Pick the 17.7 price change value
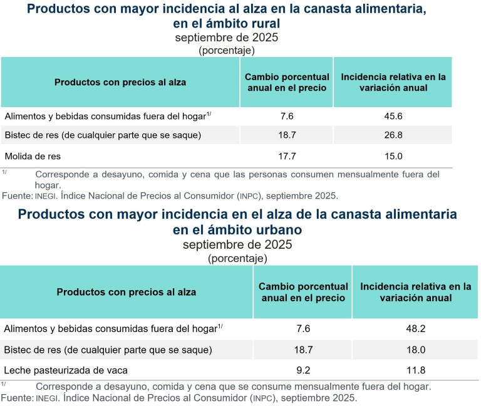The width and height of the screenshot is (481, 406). (287, 155)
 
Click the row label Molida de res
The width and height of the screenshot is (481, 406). (33, 155)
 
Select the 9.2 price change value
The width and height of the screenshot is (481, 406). (303, 369)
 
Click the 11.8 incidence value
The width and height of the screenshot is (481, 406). (416, 369)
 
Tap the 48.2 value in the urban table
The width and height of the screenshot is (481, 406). (416, 328)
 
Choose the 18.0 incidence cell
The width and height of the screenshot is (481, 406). (416, 349)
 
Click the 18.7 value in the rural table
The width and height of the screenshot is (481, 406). (287, 135)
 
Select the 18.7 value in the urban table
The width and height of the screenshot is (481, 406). (303, 349)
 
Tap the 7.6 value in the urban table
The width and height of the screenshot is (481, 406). (303, 328)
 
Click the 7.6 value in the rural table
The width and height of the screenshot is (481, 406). (287, 116)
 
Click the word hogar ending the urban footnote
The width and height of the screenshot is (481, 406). (416, 387)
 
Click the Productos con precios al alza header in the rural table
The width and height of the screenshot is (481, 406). (120, 82)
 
